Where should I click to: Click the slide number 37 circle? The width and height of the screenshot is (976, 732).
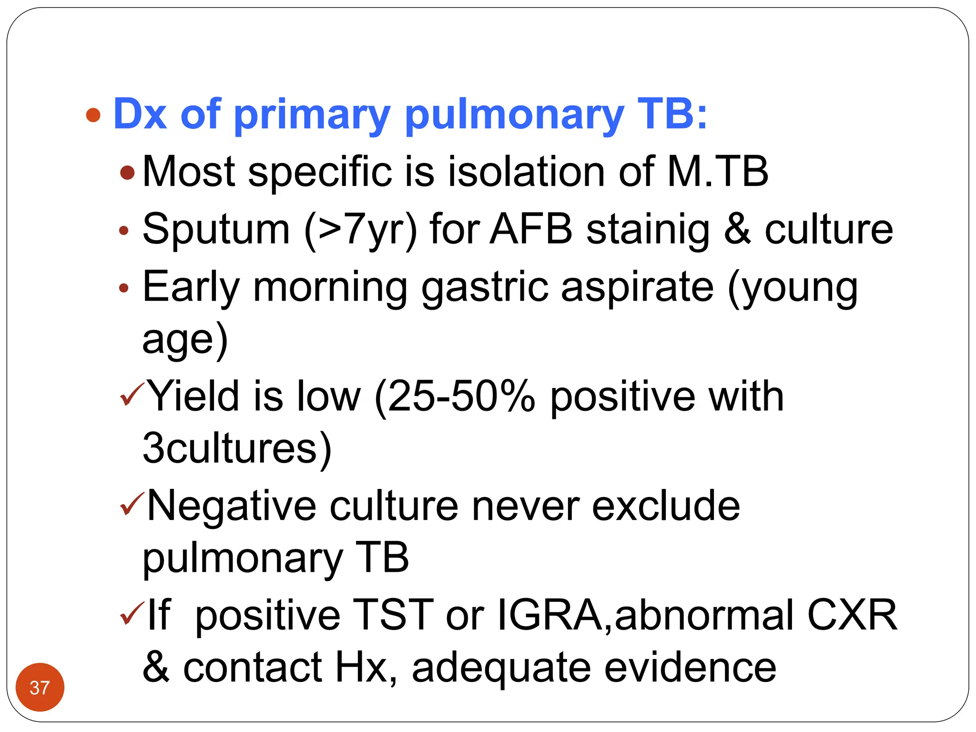point(40,687)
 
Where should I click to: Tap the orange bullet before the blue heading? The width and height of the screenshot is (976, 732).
point(93,115)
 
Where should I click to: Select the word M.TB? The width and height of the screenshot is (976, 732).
point(718,172)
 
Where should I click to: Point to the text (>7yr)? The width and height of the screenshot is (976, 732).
point(360,230)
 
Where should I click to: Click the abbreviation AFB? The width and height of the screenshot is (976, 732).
point(531,230)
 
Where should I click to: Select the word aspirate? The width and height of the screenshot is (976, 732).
point(637,288)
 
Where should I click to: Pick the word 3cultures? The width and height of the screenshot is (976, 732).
point(237,448)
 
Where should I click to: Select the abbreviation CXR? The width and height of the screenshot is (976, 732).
point(852,615)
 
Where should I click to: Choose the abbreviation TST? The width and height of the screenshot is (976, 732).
point(393,615)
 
